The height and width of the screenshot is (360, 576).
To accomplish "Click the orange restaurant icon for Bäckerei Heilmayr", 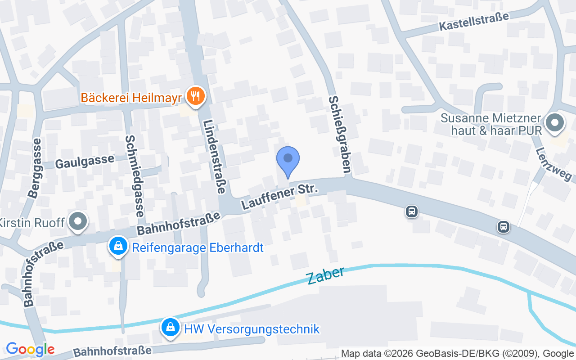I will click(195, 97).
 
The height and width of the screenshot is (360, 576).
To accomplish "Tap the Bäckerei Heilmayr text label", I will click(131, 98).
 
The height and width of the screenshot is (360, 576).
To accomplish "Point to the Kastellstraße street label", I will click(474, 22).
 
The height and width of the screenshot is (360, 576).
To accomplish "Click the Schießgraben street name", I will click(340, 134).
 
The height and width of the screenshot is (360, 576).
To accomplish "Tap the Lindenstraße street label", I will click(214, 157).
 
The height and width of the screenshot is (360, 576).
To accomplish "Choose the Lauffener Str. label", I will click(280, 197).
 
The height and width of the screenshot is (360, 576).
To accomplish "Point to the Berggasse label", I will click(35, 168).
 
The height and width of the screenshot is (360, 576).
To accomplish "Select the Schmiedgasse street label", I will click(135, 176).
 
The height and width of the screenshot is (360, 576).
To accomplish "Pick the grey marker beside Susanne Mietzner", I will click(554, 123).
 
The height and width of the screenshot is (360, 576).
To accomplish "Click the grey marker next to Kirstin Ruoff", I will click(79, 221).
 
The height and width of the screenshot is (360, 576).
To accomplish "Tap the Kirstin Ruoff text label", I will click(32, 222).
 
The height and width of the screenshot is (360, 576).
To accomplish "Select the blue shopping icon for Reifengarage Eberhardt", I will click(118, 247).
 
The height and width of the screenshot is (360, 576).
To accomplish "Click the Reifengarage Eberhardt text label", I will click(197, 247).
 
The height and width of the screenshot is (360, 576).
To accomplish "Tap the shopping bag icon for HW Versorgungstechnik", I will click(171, 328).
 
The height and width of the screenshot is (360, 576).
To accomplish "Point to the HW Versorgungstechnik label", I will click(252, 328).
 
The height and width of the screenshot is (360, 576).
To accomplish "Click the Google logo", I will click(30, 349).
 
